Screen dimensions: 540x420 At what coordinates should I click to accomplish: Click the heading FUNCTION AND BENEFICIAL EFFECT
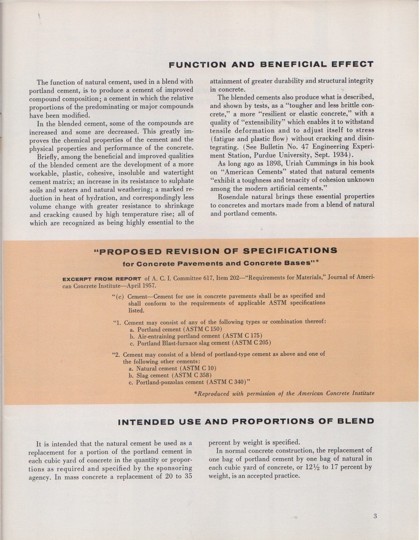tap(271, 64)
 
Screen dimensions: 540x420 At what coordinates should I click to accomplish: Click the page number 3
tap(375, 516)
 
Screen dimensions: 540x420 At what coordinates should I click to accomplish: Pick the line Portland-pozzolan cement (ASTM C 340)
tap(189, 382)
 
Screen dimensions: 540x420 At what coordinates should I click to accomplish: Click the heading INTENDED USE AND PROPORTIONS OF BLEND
tap(246, 422)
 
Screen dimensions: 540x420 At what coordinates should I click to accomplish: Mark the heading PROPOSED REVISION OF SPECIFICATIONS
tap(215, 251)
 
